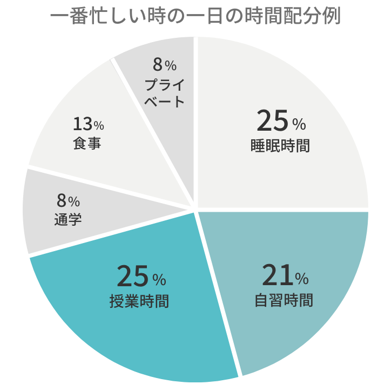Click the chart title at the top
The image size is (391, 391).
[195, 16]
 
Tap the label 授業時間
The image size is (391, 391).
[139, 301]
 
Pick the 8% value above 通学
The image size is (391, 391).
[68, 201]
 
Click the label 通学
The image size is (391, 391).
[68, 219]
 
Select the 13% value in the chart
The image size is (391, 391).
[88, 124]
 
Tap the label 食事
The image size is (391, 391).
[87, 144]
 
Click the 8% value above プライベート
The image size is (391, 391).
[165, 65]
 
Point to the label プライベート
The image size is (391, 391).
[165, 93]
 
